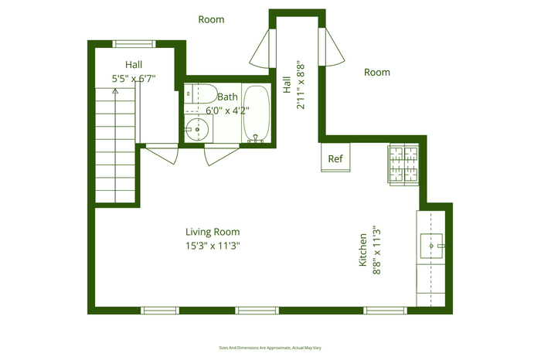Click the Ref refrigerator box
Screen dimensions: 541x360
(335, 158)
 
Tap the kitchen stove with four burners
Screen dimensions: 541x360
(403, 165)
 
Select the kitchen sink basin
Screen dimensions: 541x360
(431, 246)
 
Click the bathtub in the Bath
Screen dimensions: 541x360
(257, 114)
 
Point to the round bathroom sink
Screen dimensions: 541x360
(196, 129)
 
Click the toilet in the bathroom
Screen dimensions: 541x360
(199, 93)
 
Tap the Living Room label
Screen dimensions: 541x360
(213, 232)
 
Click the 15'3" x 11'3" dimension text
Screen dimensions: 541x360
(213, 246)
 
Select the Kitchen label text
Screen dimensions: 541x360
(362, 250)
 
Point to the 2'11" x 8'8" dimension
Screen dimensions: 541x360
(301, 87)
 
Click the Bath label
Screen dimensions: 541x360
(227, 97)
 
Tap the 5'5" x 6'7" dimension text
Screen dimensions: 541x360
(134, 79)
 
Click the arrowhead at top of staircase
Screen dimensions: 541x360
(115, 91)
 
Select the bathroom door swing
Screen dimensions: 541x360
(222, 155)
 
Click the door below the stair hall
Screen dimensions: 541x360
(162, 154)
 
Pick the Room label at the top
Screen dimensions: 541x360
(211, 19)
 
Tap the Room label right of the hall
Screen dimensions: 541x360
(377, 72)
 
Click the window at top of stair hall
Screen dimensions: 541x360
(134, 44)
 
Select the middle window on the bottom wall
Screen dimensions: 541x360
(257, 311)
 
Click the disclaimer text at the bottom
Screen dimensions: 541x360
(270, 348)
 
